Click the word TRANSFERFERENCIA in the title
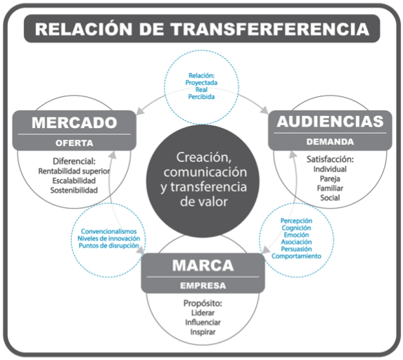click(x=270, y=29)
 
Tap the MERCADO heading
click(x=75, y=122)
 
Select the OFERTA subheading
click(x=75, y=143)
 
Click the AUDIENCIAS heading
click(x=330, y=122)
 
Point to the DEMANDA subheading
click(x=330, y=142)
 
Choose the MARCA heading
click(x=203, y=266)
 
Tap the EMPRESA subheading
click(x=203, y=285)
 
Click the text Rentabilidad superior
click(x=74, y=172)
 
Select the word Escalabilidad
click(x=74, y=181)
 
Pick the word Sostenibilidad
click(x=74, y=191)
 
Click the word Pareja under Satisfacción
click(x=330, y=179)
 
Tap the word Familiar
click(x=330, y=188)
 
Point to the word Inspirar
click(x=203, y=333)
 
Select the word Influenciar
click(x=203, y=323)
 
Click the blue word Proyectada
click(x=201, y=83)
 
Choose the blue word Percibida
click(x=201, y=97)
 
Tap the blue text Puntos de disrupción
click(x=109, y=246)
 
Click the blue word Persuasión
click(x=296, y=249)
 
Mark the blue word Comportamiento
click(x=296, y=256)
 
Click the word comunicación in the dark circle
click(x=205, y=172)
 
